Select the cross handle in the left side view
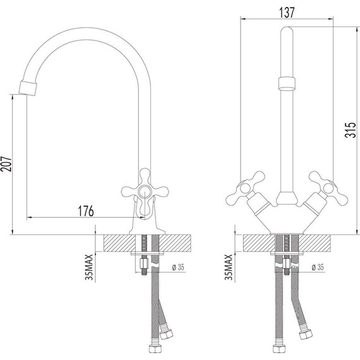point(145,188)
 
